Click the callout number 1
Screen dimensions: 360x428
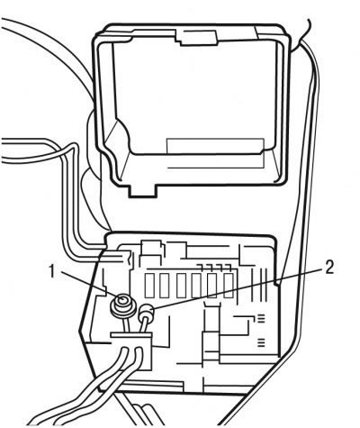[53, 271]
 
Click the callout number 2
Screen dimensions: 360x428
[329, 267]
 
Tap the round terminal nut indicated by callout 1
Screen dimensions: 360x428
[123, 305]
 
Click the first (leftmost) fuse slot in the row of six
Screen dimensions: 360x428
[149, 286]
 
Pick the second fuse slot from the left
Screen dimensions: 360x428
[165, 286]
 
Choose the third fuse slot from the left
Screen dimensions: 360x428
[181, 286]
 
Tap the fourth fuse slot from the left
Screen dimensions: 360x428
[196, 286]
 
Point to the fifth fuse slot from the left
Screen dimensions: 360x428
[212, 286]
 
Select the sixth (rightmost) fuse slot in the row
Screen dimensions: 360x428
[229, 286]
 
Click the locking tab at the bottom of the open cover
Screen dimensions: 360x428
[143, 191]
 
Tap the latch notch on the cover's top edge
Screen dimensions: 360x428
[196, 37]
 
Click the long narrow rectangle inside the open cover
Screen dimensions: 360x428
[215, 153]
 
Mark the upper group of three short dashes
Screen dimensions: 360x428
[262, 318]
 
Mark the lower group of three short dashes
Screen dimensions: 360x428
[262, 342]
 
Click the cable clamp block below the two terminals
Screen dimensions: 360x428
[131, 351]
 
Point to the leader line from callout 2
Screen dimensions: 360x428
[238, 288]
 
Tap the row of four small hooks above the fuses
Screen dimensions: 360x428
[214, 267]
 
